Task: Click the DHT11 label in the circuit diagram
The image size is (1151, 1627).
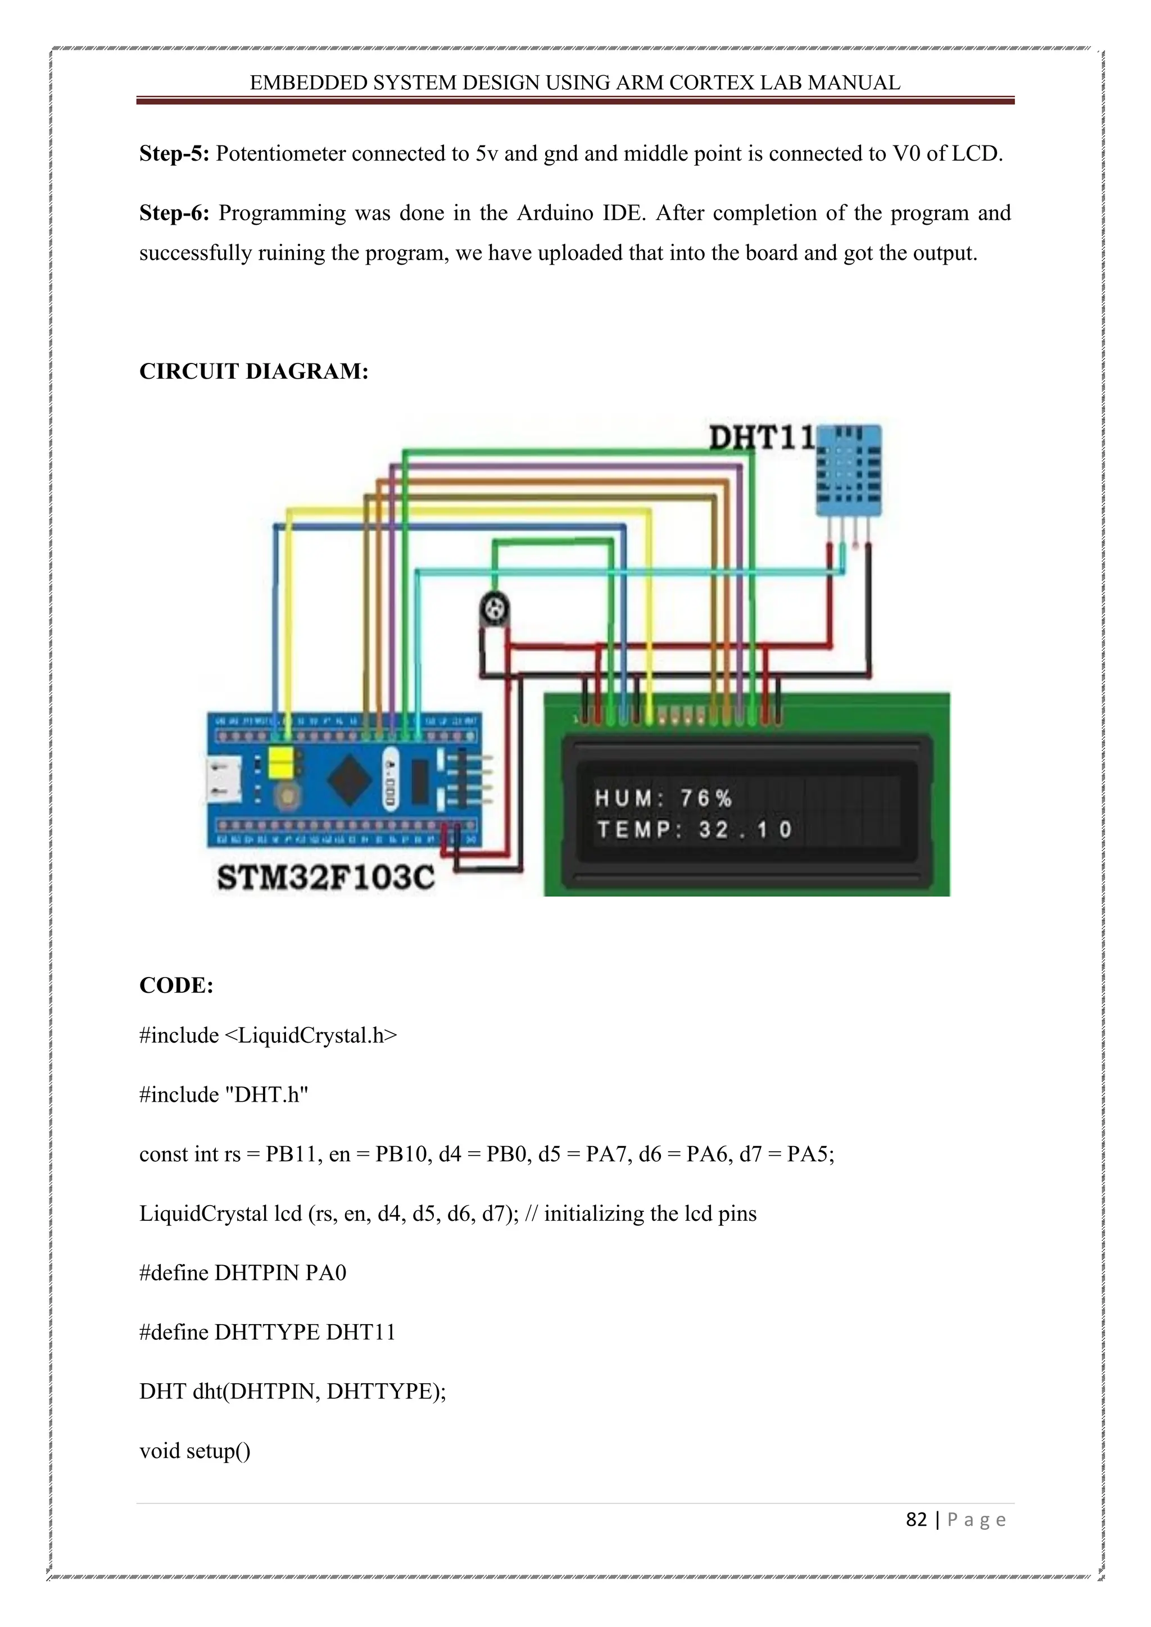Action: click(762, 438)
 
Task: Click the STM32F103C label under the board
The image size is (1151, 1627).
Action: click(325, 878)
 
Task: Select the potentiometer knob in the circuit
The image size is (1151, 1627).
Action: click(494, 608)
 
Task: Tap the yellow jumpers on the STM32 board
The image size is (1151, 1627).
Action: click(282, 764)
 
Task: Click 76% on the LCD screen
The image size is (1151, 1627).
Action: click(706, 799)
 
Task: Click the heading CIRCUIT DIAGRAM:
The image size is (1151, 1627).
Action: click(253, 371)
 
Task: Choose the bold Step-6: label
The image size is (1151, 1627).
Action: click(174, 212)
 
